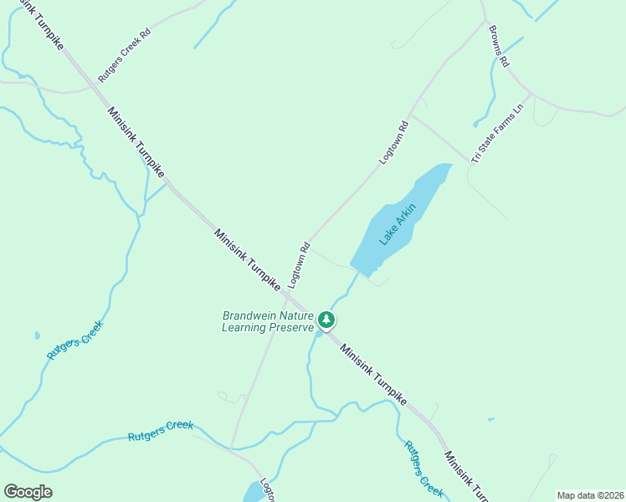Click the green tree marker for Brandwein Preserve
[326, 320]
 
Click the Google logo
[28, 491]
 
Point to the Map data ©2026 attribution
[590, 495]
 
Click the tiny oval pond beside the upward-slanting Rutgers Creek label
[37, 336]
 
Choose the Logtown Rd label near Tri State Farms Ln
[393, 142]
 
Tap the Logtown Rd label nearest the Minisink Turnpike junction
[299, 265]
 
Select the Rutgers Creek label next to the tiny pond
[74, 341]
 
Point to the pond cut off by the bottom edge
[254, 493]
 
